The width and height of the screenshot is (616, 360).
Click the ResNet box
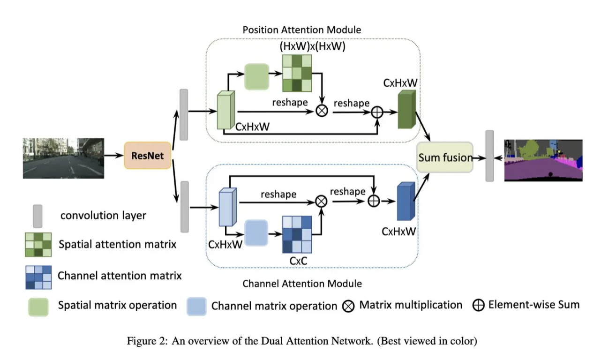(148, 155)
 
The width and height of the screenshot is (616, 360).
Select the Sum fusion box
(445, 157)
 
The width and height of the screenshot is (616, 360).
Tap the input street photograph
(63, 158)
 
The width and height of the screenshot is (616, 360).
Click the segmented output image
(543, 160)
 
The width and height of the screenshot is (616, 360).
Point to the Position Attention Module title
(302, 30)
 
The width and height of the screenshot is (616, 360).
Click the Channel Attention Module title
(302, 284)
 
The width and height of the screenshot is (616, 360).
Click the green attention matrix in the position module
(297, 73)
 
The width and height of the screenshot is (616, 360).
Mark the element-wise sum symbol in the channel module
(373, 201)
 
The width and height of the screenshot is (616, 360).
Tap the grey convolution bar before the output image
(490, 156)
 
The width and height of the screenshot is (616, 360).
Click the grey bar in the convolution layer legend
(37, 216)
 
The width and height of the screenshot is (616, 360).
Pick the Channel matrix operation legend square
(197, 306)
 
